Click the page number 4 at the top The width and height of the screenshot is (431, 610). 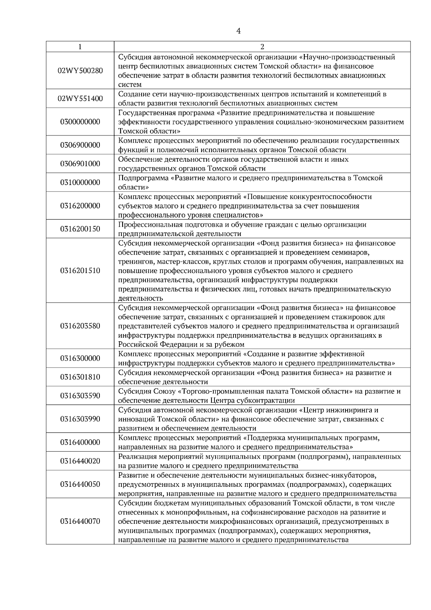(238, 31)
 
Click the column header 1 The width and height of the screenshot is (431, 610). (80, 46)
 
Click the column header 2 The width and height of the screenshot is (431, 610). (262, 46)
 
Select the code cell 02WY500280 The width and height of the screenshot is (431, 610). (80, 71)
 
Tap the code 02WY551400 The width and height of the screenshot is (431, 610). (80, 99)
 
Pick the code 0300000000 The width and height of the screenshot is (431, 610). (80, 122)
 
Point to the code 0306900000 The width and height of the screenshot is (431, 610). (80, 145)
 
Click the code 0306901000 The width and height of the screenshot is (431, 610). (80, 164)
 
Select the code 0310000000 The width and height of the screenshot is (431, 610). (80, 182)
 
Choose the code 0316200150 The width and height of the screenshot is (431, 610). (80, 229)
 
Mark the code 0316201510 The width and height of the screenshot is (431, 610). (80, 271)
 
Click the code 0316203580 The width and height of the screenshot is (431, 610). (80, 326)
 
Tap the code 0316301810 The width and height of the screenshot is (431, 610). (80, 377)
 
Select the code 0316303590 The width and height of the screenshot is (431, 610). (80, 396)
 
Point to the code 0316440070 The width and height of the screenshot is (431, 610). (80, 521)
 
